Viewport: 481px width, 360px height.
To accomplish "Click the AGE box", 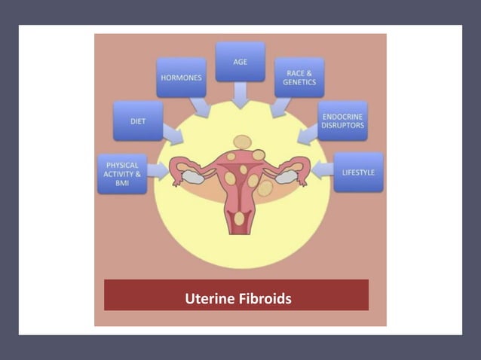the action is [x=240, y=61].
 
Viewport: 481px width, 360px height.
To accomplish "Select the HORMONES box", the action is [x=181, y=78].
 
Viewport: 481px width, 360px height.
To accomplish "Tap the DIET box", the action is [x=138, y=121].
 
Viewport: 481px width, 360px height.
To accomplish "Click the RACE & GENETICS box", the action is [x=299, y=78].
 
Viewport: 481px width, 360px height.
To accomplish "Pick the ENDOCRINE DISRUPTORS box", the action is [x=342, y=121].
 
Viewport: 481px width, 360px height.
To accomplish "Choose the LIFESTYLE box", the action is [x=358, y=172].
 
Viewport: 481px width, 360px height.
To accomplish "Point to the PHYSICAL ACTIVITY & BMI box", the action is [x=121, y=173].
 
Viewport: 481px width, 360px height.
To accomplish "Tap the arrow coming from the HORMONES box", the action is [x=201, y=108].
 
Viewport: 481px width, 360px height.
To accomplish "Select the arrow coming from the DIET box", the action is [x=172, y=135].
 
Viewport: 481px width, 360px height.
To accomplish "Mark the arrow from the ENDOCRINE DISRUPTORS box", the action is [x=308, y=135].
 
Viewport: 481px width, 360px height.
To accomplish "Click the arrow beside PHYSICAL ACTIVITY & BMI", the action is [x=158, y=170].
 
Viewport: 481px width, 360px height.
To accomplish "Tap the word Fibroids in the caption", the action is [x=263, y=299].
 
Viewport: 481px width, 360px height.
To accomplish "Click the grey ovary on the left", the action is [x=191, y=177].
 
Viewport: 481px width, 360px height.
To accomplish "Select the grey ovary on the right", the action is [x=287, y=177].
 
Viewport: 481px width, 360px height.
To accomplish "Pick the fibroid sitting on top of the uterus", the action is [x=241, y=142].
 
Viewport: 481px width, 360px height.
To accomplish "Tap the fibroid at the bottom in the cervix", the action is [x=240, y=219].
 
